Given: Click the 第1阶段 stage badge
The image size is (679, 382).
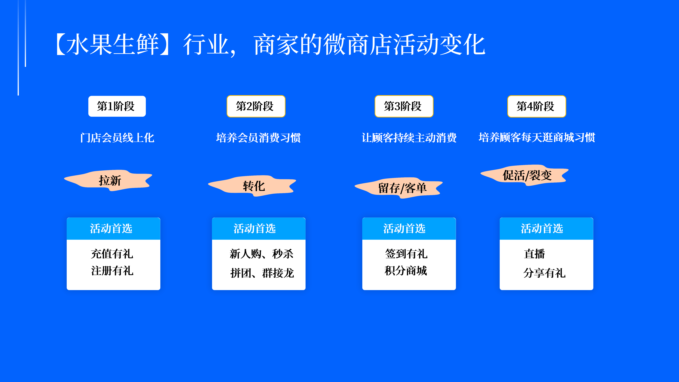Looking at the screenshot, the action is (x=117, y=106).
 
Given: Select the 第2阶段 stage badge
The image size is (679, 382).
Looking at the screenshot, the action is (x=256, y=106).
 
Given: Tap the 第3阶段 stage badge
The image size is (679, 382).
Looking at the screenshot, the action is (x=404, y=106).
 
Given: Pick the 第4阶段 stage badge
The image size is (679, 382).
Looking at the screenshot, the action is (x=537, y=106).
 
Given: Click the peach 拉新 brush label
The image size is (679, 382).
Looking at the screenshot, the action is (x=109, y=180).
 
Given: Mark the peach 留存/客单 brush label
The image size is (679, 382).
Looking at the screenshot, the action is (x=399, y=188).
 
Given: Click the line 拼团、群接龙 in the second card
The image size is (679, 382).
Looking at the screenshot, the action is (x=262, y=273).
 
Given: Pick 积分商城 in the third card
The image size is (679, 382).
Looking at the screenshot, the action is (x=406, y=271).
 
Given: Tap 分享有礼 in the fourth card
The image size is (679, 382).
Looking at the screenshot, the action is (x=545, y=273).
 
